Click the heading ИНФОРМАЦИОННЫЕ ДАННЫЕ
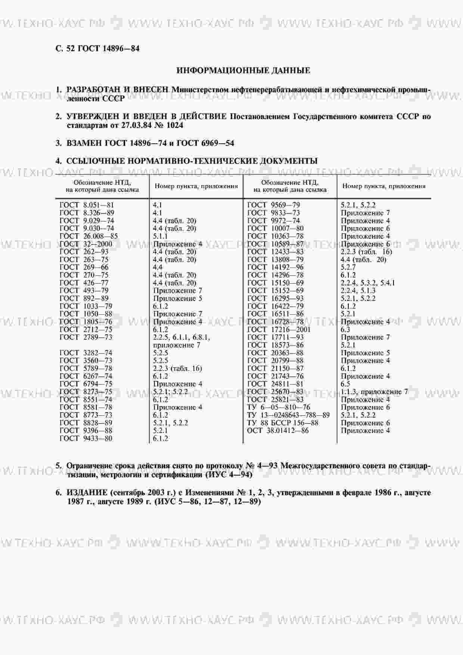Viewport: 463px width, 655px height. pyautogui.click(x=243, y=71)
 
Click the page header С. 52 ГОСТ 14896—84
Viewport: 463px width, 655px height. pyautogui.click(x=97, y=49)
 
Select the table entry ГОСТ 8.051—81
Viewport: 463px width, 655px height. pyautogui.click(x=87, y=205)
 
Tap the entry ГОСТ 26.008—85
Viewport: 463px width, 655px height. pyautogui.click(x=88, y=236)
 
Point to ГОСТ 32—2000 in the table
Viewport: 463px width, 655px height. pyautogui.click(x=86, y=244)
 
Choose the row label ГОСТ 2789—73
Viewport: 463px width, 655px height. pyautogui.click(x=86, y=337)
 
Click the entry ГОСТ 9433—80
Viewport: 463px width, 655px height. pyautogui.click(x=86, y=439)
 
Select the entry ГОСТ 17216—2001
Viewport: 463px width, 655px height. pyautogui.click(x=279, y=330)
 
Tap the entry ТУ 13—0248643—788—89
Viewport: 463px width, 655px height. pyautogui.click(x=288, y=415)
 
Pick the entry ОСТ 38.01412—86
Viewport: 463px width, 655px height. pyautogui.click(x=278, y=431)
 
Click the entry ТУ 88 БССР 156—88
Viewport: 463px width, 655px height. pyautogui.click(x=283, y=423)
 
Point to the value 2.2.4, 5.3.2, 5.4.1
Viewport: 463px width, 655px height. pyautogui.click(x=367, y=283)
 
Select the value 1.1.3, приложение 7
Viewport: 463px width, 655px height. pyautogui.click(x=374, y=392)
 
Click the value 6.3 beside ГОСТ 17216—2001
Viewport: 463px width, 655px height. pyautogui.click(x=345, y=330)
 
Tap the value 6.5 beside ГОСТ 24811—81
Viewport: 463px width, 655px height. pyautogui.click(x=345, y=384)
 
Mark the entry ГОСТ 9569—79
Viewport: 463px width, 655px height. pyautogui.click(x=273, y=205)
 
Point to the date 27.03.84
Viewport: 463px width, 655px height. pyautogui.click(x=136, y=125)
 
